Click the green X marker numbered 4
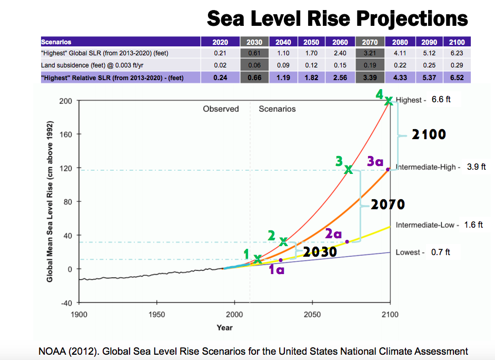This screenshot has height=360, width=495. (x=389, y=100)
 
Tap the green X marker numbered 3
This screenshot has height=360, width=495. (x=349, y=169)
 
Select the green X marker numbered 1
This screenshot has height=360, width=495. (x=258, y=259)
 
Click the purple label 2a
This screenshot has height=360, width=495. (x=333, y=233)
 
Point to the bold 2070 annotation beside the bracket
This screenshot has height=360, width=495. (x=388, y=204)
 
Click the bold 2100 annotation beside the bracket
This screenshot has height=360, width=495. (x=429, y=134)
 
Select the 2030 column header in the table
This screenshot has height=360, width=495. (x=254, y=42)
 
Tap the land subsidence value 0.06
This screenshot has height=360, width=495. (x=254, y=65)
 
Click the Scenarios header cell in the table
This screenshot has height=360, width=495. (x=56, y=42)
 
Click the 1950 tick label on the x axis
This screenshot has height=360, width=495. (x=156, y=315)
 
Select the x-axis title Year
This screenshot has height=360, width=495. (x=224, y=327)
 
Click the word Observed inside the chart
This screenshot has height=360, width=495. (x=221, y=109)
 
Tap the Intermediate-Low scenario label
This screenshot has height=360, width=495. (x=424, y=225)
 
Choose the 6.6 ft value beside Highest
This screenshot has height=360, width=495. (x=441, y=99)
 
